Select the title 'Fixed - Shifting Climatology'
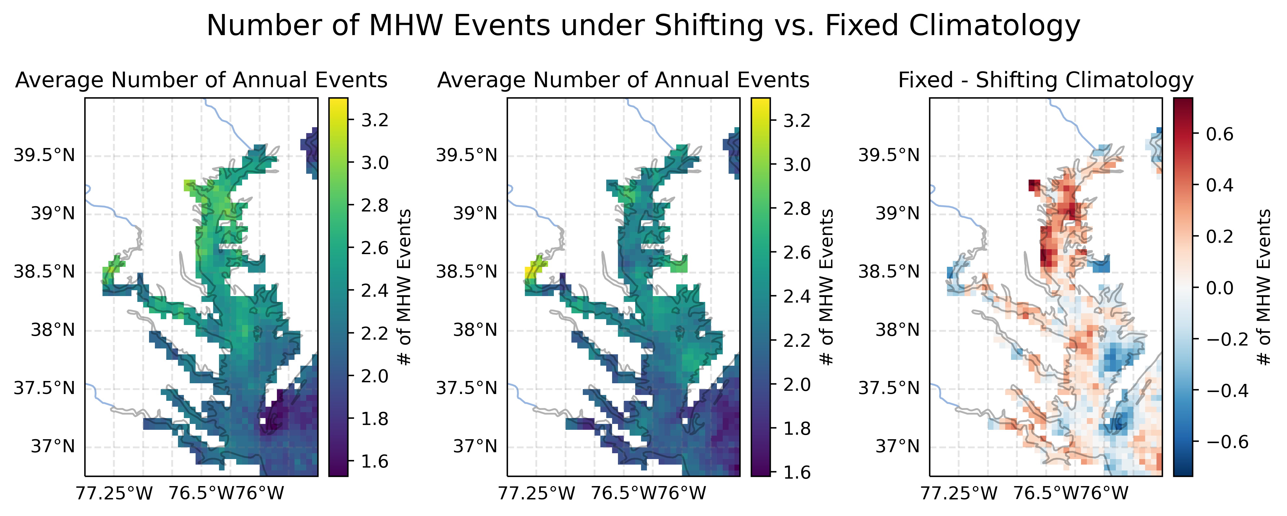1046,80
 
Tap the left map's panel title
201,80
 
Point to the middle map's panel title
623,80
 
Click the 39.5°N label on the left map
44,155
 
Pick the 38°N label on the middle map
475,330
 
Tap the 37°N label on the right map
897,446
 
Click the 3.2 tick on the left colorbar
375,120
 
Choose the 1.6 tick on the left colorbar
375,461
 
